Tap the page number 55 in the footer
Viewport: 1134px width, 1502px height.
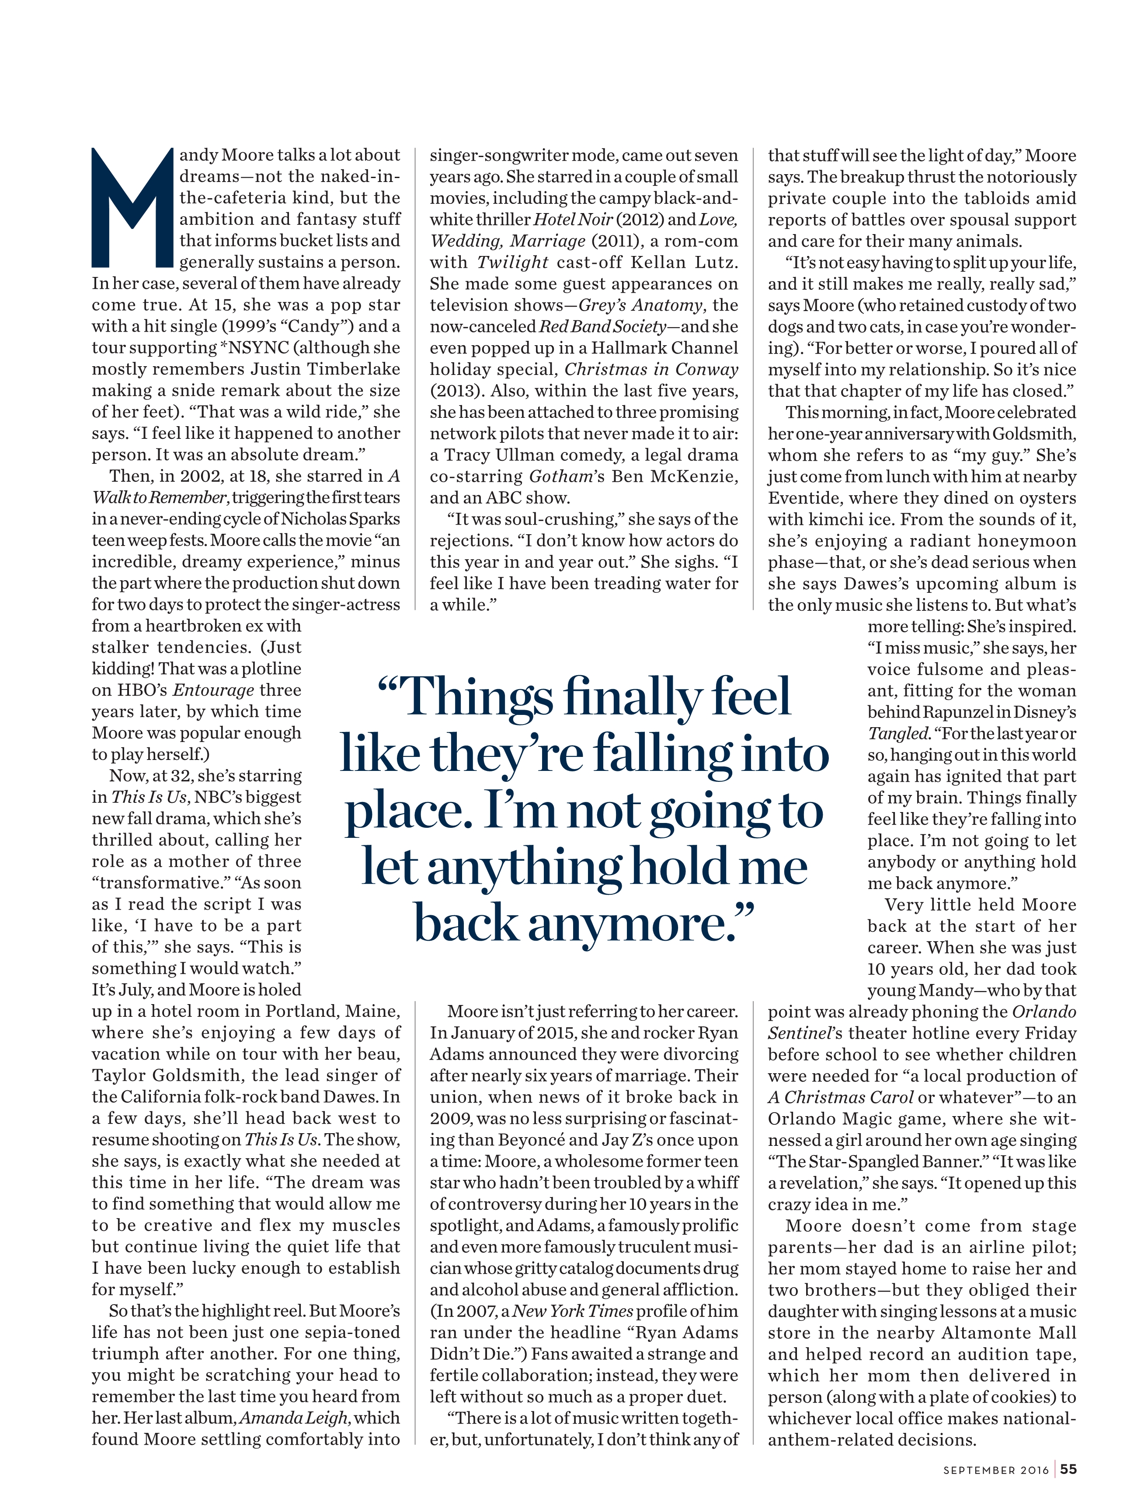[1068, 1469]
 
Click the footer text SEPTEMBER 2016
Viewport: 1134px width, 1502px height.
[995, 1470]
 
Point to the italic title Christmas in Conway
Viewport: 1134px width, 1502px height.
[651, 369]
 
